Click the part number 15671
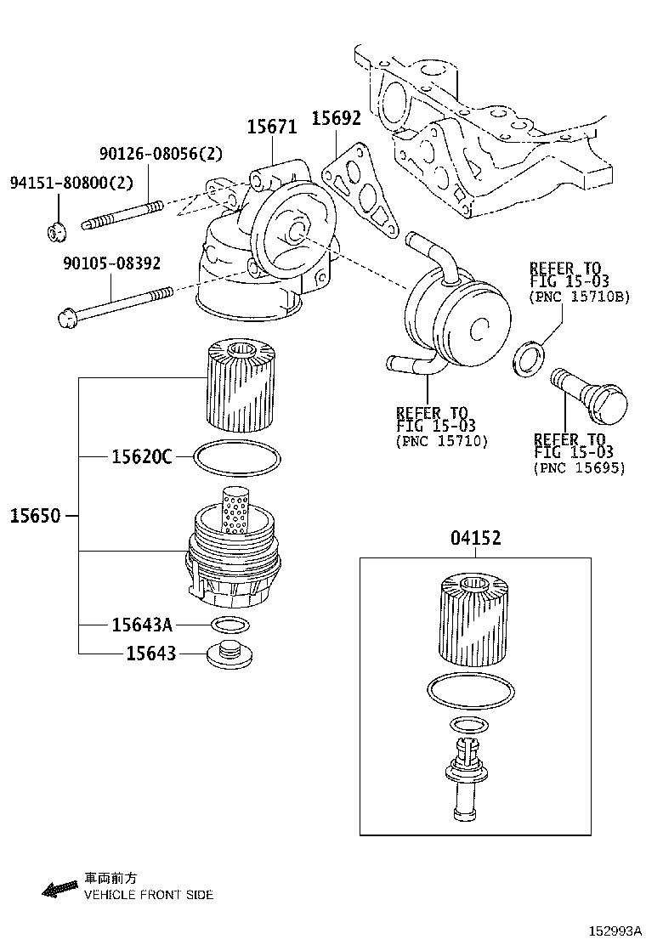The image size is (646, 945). point(272,127)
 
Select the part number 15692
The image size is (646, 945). point(336,119)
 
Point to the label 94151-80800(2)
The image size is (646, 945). point(71,183)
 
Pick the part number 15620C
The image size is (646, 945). point(141,457)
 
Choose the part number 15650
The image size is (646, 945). point(36,515)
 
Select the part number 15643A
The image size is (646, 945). point(141,625)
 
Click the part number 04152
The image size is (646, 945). point(475,538)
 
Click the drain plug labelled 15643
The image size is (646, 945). point(230,654)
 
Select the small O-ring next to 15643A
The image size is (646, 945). point(230,626)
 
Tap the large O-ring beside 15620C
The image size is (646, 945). point(237,457)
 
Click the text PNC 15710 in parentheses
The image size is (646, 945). point(441,442)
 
